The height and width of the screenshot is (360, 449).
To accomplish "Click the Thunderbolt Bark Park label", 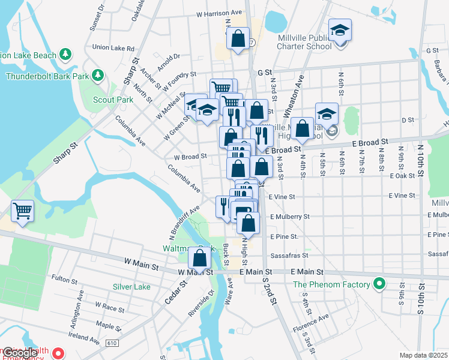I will pos(47,76).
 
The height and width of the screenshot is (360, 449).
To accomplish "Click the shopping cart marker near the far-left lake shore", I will pos(22,211).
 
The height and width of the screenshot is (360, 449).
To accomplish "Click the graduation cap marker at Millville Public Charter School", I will pos(340,31).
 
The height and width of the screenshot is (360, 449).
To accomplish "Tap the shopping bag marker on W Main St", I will pos(200,258).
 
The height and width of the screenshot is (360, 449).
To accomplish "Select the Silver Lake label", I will pos(131,287).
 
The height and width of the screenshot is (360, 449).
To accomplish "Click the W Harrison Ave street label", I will pos(218,12).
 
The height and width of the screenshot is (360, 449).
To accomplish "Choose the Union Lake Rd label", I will pos(113,47).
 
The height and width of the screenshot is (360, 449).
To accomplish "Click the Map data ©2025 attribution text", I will pos(423,355).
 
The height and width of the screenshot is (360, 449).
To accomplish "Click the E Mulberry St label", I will pos(290,216).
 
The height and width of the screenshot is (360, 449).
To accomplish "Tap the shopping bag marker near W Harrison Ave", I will pos(238,39).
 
